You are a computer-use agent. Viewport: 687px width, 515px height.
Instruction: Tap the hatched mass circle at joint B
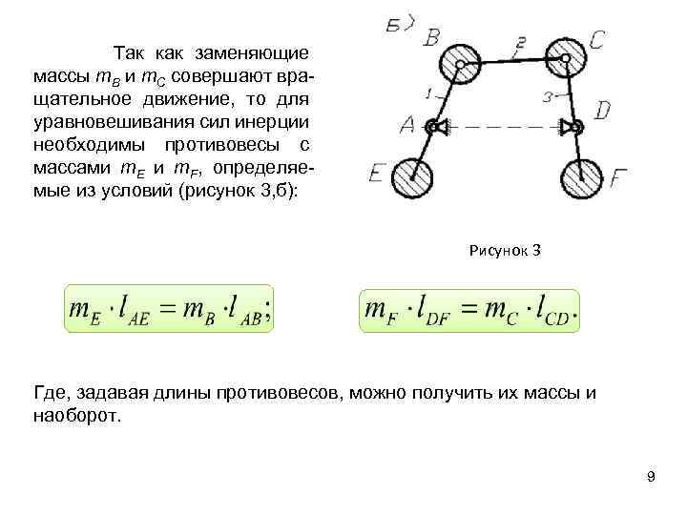click(460, 66)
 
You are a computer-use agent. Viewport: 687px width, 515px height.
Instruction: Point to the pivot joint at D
click(570, 126)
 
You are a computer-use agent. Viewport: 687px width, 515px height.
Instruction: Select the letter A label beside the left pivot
click(406, 125)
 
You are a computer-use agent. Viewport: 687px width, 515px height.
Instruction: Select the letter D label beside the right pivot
click(601, 112)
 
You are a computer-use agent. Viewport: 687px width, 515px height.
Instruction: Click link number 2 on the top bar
click(520, 43)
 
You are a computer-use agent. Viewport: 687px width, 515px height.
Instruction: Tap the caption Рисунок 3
click(506, 251)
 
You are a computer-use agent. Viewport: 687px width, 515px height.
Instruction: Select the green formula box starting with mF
click(469, 311)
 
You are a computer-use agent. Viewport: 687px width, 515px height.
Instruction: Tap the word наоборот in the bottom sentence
click(78, 417)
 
